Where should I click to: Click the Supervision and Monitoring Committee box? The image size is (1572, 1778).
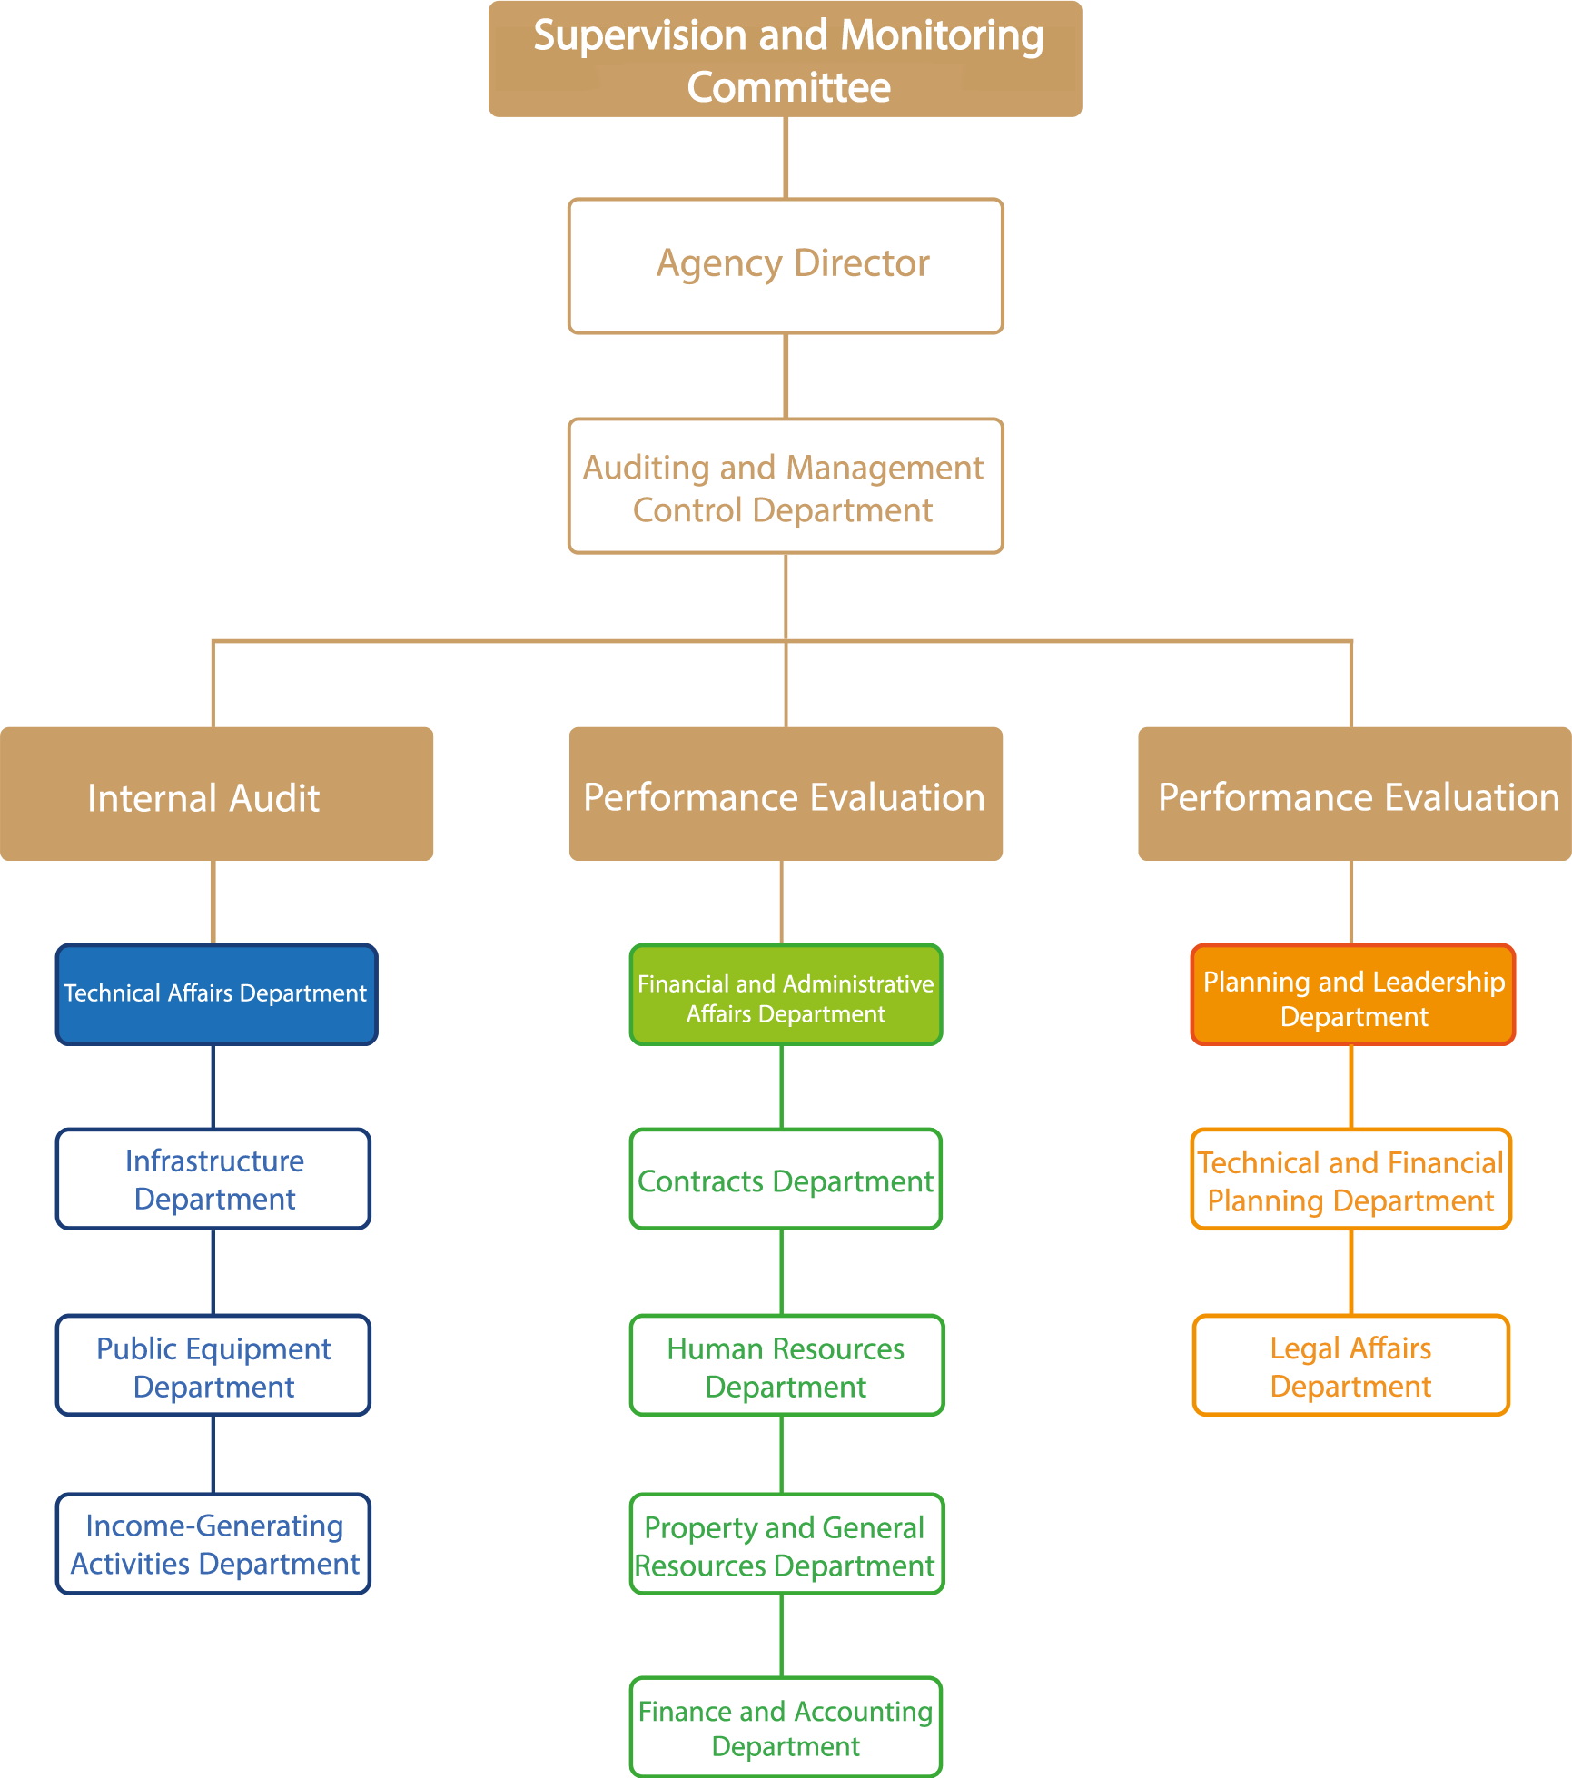[786, 59]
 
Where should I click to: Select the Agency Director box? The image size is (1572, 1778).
[786, 266]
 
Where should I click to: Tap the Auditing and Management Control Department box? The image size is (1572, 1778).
[786, 486]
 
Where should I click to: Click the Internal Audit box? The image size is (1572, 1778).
[216, 794]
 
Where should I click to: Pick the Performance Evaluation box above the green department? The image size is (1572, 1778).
[786, 794]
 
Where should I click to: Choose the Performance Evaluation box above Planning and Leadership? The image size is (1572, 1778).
[1354, 794]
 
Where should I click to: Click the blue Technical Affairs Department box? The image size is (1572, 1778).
[216, 994]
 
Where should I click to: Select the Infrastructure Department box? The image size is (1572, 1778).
[213, 1179]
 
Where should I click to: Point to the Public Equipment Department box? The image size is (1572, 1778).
[213, 1365]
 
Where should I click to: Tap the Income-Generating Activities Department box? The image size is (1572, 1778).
[213, 1544]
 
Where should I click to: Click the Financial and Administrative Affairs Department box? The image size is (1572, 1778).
[786, 994]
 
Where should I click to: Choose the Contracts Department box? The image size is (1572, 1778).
[786, 1179]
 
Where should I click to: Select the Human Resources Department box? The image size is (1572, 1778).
[786, 1365]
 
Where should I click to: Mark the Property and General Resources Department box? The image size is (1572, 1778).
[786, 1544]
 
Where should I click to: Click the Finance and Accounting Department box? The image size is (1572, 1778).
[786, 1727]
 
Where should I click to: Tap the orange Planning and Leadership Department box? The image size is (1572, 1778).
[1353, 994]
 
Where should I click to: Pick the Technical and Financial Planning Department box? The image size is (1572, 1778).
[1351, 1179]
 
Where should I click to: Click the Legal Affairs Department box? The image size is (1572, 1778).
[1351, 1365]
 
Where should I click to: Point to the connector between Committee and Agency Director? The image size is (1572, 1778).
[786, 157]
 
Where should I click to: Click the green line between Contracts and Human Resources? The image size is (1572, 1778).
[782, 1271]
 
